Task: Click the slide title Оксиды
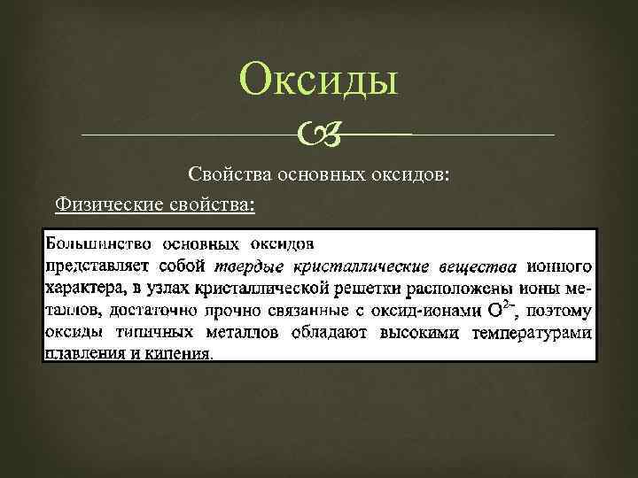tap(319, 82)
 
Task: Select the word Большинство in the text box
tap(97, 242)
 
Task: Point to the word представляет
tap(96, 265)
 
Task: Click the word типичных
tap(148, 331)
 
